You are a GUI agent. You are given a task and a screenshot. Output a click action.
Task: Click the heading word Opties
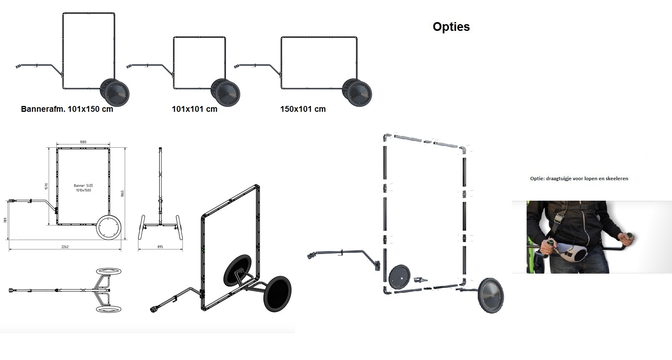click(x=451, y=27)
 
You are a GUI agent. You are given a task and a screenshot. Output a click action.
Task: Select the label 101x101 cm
click(x=195, y=109)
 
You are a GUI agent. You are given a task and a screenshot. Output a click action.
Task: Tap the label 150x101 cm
click(x=303, y=109)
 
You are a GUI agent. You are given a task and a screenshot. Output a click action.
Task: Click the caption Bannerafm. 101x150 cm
click(x=67, y=109)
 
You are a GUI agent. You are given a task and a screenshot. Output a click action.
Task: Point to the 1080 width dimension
click(x=83, y=142)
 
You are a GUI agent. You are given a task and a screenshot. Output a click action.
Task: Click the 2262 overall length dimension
click(x=65, y=247)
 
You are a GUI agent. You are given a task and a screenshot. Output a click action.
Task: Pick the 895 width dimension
click(x=160, y=247)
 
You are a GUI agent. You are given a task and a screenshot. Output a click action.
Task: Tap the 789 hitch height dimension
click(x=5, y=220)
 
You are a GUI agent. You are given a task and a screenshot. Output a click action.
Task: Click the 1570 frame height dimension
click(x=47, y=186)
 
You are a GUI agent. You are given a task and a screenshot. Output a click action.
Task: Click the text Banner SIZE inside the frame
click(x=83, y=186)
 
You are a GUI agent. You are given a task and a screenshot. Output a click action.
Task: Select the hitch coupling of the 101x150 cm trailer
click(x=18, y=66)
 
